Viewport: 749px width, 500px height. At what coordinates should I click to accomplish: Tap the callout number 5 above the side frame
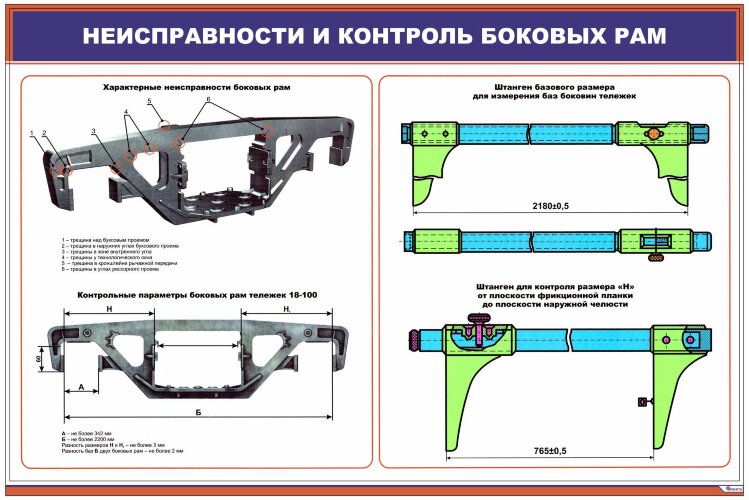(x=149, y=102)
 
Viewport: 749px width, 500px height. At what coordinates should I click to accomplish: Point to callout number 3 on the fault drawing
(x=92, y=131)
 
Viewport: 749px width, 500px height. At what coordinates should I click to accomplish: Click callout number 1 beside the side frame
(x=32, y=133)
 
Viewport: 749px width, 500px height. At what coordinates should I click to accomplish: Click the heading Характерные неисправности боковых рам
(x=197, y=88)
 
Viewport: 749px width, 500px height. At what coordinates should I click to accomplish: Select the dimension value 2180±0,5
(x=552, y=205)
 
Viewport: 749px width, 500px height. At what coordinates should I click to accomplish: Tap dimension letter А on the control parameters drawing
(x=80, y=387)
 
